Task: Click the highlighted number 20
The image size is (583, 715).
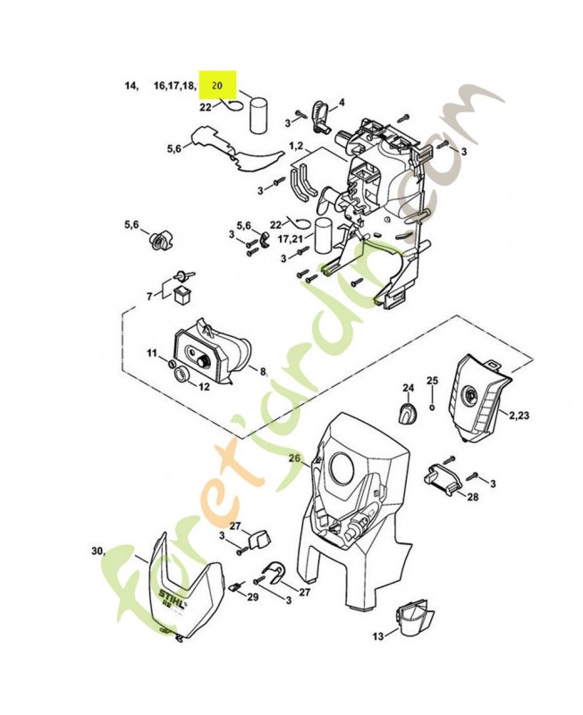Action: coord(216,86)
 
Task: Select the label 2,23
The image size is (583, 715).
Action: coord(520,416)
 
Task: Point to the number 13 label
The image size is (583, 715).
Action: coord(378,635)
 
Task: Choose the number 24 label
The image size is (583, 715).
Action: coord(409,388)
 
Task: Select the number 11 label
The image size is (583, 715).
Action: coord(152,355)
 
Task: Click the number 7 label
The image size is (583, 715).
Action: coord(149,295)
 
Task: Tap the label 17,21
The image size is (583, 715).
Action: coord(289,240)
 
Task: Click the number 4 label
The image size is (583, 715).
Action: coord(342,103)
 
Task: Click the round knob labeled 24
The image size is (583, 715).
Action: coord(409,413)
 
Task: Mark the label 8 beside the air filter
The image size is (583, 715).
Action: coord(263,370)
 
